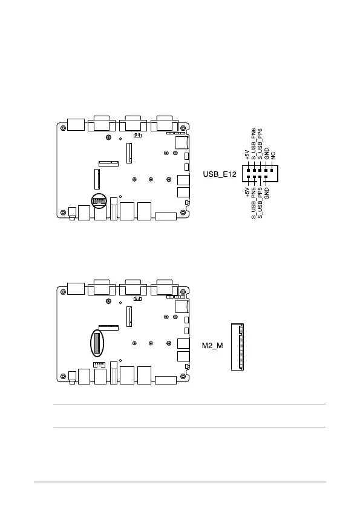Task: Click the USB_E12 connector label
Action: point(220,174)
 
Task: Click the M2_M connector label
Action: point(212,346)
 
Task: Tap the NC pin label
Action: point(273,156)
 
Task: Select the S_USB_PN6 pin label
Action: point(254,143)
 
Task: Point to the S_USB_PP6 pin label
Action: point(260,143)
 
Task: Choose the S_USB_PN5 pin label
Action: point(254,202)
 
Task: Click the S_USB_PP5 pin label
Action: point(260,202)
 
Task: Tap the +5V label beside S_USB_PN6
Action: point(247,154)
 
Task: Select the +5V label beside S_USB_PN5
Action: point(247,192)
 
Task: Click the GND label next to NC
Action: point(266,154)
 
